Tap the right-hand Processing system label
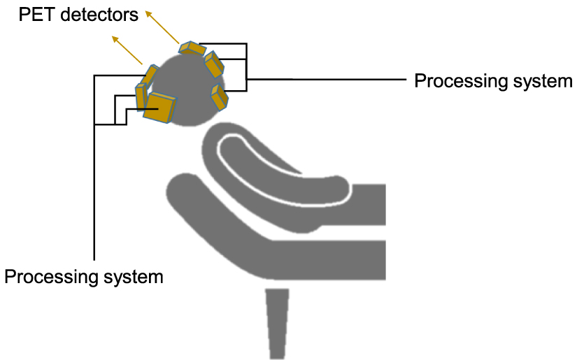pyautogui.click(x=493, y=81)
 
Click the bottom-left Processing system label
pyautogui.click(x=84, y=276)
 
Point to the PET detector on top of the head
pyautogui.click(x=192, y=48)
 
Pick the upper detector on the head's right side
pyautogui.click(x=214, y=64)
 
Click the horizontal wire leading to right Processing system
pyautogui.click(x=329, y=79)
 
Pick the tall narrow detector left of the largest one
pyautogui.click(x=141, y=96)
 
